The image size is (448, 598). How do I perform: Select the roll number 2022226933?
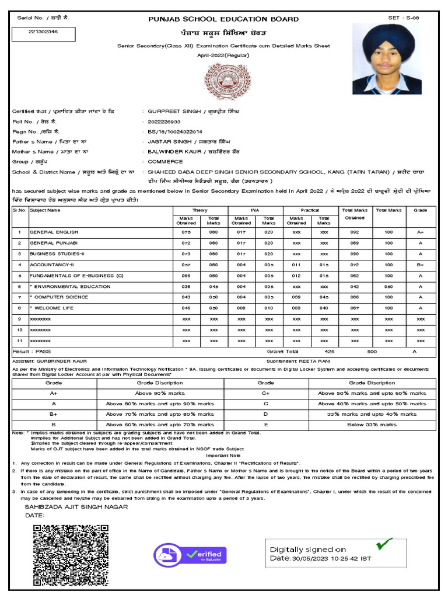coord(164,121)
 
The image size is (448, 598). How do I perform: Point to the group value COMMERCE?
coord(166,162)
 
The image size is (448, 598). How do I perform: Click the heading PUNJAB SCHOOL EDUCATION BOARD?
coord(224,19)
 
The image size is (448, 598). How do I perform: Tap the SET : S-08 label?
coord(403,19)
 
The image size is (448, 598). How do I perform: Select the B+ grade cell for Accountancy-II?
coord(420,265)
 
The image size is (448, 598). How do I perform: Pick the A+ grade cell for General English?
coord(420,232)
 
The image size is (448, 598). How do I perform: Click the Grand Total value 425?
coord(330,352)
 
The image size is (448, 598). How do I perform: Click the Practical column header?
coord(310,210)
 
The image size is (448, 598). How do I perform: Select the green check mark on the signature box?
coord(383,544)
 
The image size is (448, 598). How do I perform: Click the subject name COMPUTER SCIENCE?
coord(59,297)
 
